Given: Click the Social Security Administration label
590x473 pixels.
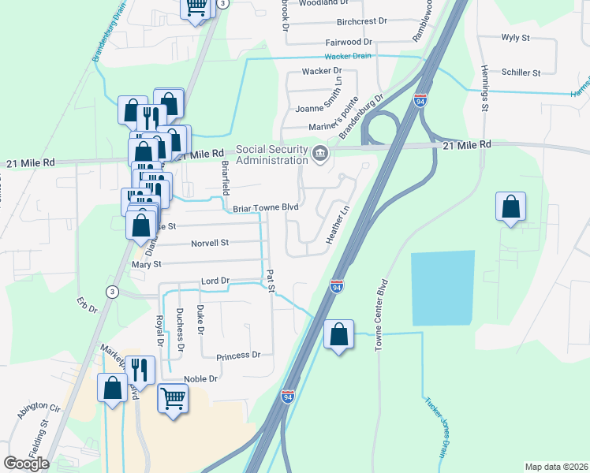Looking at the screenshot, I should (x=272, y=155).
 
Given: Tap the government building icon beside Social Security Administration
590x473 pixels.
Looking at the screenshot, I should (x=319, y=152).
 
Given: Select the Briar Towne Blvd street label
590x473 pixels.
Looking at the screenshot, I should (x=266, y=208).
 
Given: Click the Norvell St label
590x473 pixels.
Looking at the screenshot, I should (x=209, y=243).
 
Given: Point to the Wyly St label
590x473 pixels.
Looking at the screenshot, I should (x=515, y=37).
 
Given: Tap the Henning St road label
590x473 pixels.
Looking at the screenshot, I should (x=485, y=88).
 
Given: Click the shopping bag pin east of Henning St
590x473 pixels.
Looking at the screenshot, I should (x=511, y=207).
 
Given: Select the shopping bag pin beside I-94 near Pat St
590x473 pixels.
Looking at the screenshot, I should (x=338, y=334).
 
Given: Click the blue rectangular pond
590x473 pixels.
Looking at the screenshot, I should (x=442, y=288).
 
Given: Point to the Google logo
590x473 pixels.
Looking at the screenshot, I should (x=27, y=464).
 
